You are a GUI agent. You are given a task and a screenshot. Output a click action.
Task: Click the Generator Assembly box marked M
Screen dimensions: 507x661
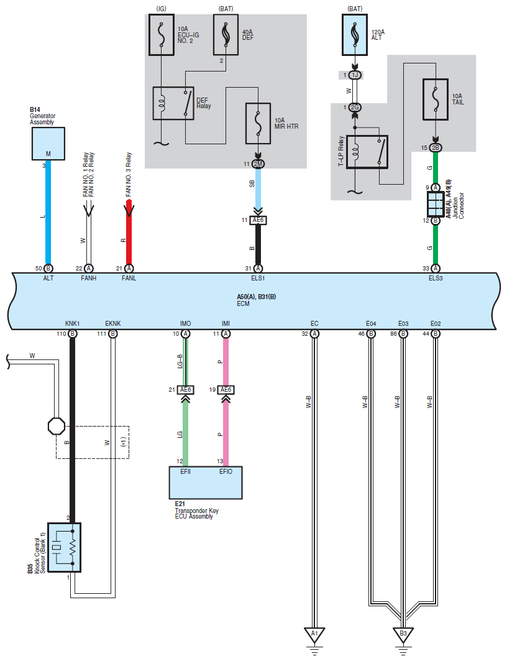coord(48,144)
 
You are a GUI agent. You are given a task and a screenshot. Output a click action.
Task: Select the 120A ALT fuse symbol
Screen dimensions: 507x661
coord(355,35)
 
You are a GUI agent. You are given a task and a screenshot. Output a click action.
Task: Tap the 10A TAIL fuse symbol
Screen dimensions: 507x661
coord(436,99)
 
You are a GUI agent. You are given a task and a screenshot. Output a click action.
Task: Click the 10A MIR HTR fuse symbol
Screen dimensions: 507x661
coord(258,124)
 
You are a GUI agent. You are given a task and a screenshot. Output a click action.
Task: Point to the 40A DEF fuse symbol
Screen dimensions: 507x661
coord(226,35)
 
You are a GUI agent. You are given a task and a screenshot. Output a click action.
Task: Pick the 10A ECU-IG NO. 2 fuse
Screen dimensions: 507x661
coord(162,35)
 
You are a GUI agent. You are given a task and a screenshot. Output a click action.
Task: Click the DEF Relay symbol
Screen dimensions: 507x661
coord(173,103)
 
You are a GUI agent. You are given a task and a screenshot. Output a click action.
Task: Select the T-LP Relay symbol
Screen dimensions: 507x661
coord(367,152)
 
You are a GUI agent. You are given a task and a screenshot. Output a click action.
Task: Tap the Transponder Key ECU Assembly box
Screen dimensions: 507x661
coord(206,483)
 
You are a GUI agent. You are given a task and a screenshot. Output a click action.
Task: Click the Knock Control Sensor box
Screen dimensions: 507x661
coord(64,548)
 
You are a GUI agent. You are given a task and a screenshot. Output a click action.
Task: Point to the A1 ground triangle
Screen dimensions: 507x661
coord(314,635)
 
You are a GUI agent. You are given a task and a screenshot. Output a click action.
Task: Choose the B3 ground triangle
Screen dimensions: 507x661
coord(403,635)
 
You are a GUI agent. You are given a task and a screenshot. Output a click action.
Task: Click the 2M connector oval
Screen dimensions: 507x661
coord(258,164)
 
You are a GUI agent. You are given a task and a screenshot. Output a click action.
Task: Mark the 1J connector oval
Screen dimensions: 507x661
coord(355,75)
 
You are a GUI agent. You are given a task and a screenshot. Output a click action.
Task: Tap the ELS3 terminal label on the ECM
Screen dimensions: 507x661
coord(436,278)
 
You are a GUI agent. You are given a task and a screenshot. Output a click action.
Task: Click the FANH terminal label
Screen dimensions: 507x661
coord(88,278)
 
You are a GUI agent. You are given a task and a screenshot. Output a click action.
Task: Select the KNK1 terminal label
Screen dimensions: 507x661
coord(73,323)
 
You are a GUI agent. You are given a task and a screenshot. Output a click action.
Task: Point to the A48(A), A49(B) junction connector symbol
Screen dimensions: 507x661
coord(436,204)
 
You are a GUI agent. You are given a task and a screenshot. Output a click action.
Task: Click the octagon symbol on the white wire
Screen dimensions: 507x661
coord(57,426)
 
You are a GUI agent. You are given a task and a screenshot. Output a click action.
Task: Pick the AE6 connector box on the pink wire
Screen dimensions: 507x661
coord(226,390)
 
